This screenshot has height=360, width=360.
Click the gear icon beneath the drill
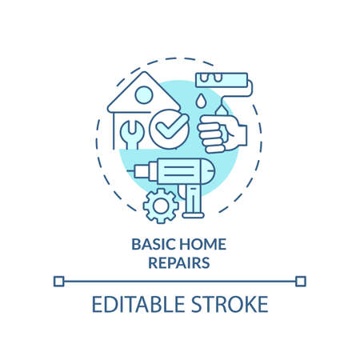click(161, 206)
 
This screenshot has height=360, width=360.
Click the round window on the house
click(144, 95)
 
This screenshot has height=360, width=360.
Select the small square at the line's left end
click(58, 281)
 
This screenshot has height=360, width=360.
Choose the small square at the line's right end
click(301, 281)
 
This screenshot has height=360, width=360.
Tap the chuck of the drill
click(151, 170)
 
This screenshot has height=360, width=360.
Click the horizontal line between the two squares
click(179, 281)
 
